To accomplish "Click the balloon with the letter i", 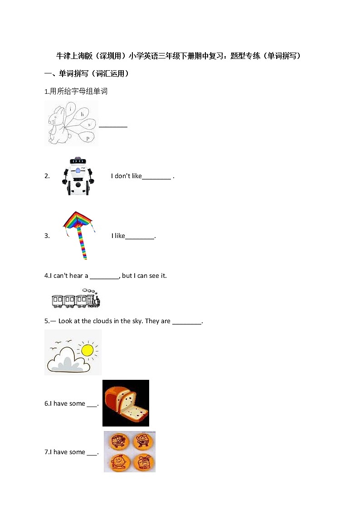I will tap(72, 109).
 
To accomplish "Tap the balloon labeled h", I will tap(83, 114).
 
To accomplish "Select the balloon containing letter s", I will tap(89, 124).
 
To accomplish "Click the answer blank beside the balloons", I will tap(113, 126).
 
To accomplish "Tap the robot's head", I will tap(79, 160).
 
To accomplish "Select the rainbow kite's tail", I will tap(83, 242).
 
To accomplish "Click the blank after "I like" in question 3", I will tap(140, 236).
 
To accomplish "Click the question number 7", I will tap(46, 452).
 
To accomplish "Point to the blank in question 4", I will tap(104, 276).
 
